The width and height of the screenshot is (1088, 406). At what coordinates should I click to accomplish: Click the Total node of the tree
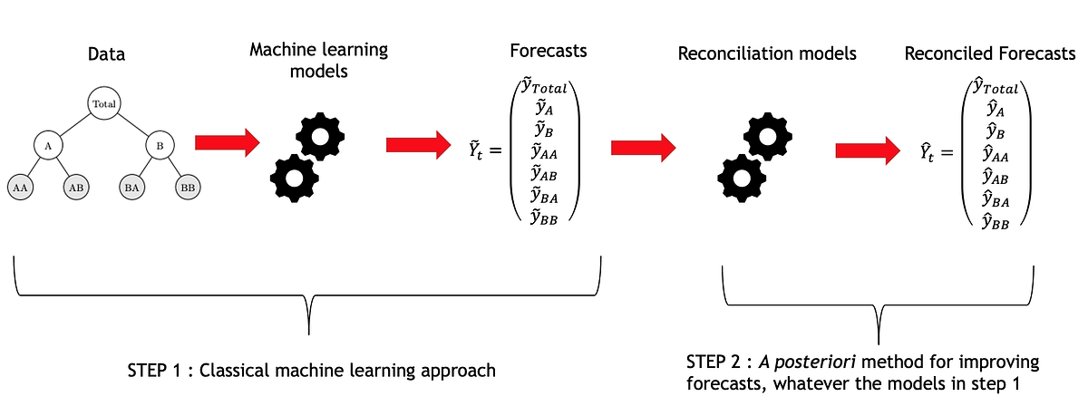coord(102,104)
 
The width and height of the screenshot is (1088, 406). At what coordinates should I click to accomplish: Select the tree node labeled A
coord(47,145)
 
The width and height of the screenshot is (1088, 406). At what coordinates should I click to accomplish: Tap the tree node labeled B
coord(159,145)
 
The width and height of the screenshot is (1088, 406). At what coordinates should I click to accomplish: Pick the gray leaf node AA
coord(19,187)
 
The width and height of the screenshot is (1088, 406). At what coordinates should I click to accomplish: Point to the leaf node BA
coord(131,187)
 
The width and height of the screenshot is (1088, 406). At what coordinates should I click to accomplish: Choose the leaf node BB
coord(188,187)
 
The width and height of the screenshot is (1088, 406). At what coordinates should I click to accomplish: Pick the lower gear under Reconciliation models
coord(740,178)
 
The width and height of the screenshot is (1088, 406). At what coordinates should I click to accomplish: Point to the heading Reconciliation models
coord(766,54)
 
